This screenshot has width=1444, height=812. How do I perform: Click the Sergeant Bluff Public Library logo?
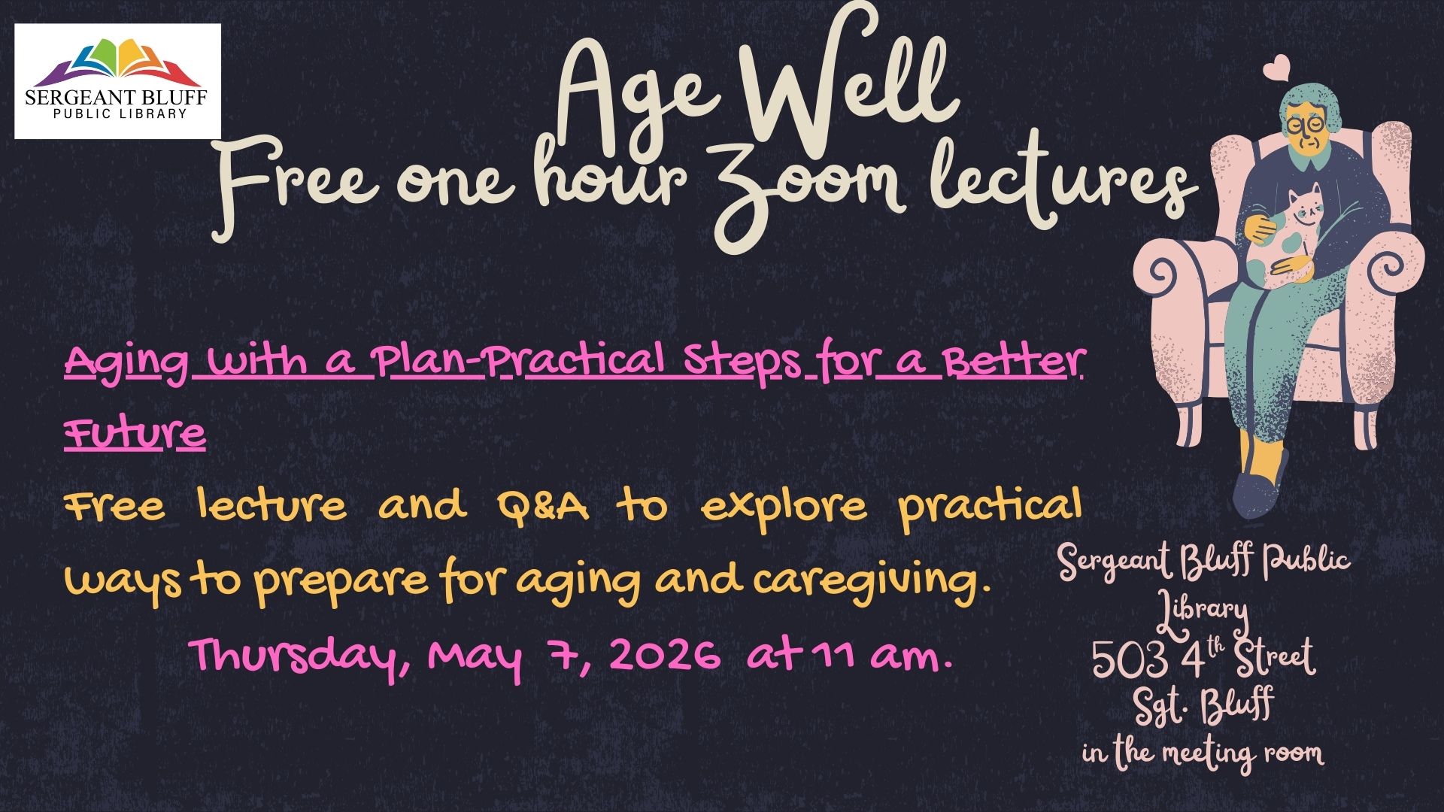pyautogui.click(x=117, y=81)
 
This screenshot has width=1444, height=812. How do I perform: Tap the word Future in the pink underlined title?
pyautogui.click(x=135, y=434)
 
